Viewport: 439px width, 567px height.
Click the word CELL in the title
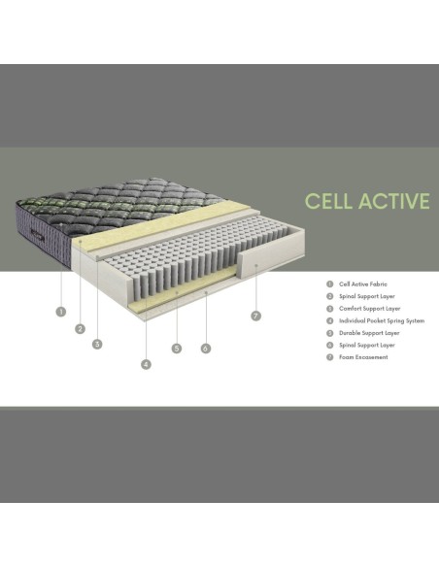(x=327, y=201)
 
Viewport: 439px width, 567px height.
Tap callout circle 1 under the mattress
(x=60, y=312)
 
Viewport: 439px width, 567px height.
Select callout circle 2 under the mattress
(x=80, y=328)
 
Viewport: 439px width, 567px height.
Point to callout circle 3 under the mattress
(x=97, y=343)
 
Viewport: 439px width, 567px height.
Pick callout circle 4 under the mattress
(x=146, y=364)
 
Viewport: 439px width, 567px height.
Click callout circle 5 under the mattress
(x=177, y=348)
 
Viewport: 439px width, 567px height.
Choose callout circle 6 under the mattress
(x=206, y=348)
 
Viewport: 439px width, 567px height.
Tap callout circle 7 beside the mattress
(x=255, y=316)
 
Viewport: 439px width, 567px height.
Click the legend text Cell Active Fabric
(x=357, y=283)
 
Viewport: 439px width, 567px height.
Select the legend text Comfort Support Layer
(x=363, y=308)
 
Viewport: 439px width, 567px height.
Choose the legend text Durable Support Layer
(x=363, y=332)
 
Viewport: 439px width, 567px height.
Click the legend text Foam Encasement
(x=358, y=357)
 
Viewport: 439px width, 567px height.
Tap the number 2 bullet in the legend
(x=329, y=296)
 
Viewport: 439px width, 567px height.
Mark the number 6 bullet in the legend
(x=329, y=345)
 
